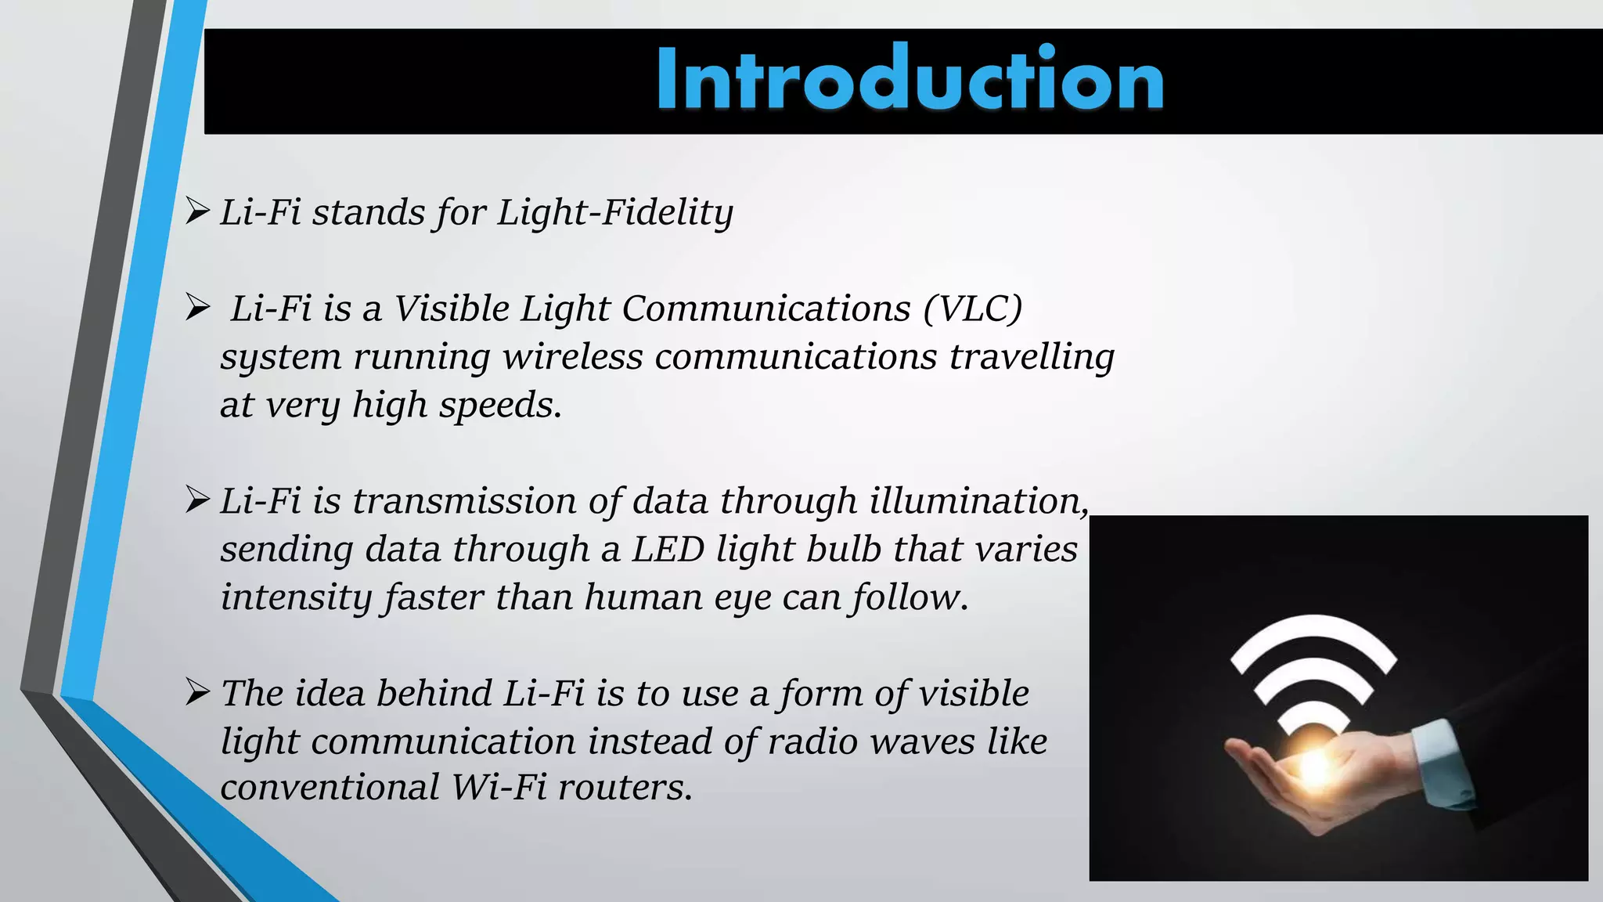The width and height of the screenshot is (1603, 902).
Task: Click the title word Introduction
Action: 910,80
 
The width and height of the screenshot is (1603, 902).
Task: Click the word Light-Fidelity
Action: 615,213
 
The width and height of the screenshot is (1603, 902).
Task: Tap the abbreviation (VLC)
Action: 972,308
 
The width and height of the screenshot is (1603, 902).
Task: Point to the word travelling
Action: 1032,357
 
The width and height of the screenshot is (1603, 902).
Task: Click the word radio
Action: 813,741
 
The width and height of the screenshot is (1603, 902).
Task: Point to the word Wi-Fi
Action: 499,788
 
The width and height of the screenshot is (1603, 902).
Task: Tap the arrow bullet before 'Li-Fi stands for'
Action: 197,211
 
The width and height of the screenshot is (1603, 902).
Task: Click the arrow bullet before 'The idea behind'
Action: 197,692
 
